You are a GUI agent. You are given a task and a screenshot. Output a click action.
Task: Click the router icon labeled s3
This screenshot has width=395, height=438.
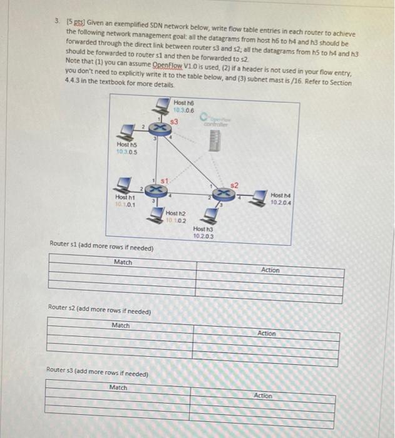coord(160,128)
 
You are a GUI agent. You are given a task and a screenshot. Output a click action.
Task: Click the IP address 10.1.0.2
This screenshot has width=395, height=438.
coord(177,220)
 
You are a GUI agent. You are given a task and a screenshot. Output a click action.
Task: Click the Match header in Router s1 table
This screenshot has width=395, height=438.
coord(123,262)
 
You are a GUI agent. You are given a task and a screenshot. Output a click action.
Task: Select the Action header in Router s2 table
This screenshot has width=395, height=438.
coord(267,334)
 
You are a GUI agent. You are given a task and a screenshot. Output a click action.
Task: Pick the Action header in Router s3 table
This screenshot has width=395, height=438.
coord(264,395)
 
